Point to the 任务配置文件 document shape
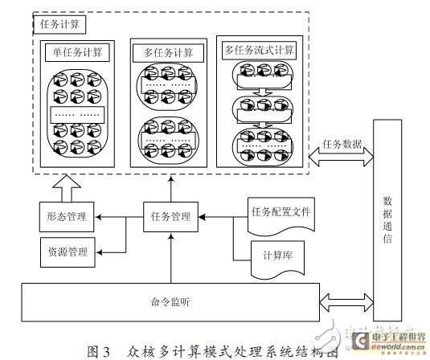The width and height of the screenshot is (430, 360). point(281,214)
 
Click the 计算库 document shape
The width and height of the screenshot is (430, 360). point(274,256)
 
